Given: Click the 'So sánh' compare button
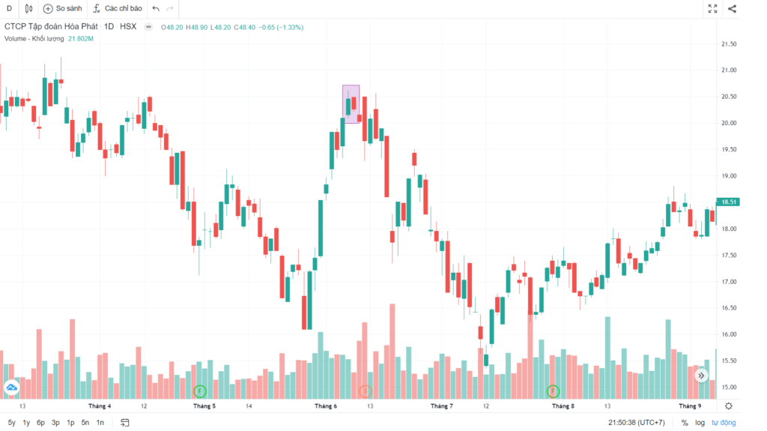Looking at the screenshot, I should click(x=62, y=8).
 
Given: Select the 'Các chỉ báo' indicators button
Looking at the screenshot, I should click(x=117, y=8).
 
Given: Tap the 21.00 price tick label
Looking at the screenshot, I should click(x=727, y=70).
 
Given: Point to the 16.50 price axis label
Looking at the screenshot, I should click(x=727, y=308).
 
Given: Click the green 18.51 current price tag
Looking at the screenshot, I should click(x=727, y=202).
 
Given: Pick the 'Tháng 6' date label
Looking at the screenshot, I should click(x=326, y=406).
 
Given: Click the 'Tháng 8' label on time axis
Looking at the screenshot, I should click(x=563, y=406).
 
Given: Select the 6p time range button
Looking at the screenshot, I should click(x=40, y=423).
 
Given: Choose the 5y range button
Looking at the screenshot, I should click(x=11, y=423).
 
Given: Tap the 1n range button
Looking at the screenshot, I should click(x=100, y=423).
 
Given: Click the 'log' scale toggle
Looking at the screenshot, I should click(x=700, y=423).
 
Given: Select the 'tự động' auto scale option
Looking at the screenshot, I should click(x=724, y=423).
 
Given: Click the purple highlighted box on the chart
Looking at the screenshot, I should click(x=351, y=104).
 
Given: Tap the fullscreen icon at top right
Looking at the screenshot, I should click(x=712, y=9).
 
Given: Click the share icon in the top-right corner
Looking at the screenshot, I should click(x=732, y=9).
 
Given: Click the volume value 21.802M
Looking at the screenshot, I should click(x=80, y=37).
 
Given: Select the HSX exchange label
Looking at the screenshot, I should click(x=128, y=27).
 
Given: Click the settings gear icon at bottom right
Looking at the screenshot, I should click(x=729, y=406).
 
